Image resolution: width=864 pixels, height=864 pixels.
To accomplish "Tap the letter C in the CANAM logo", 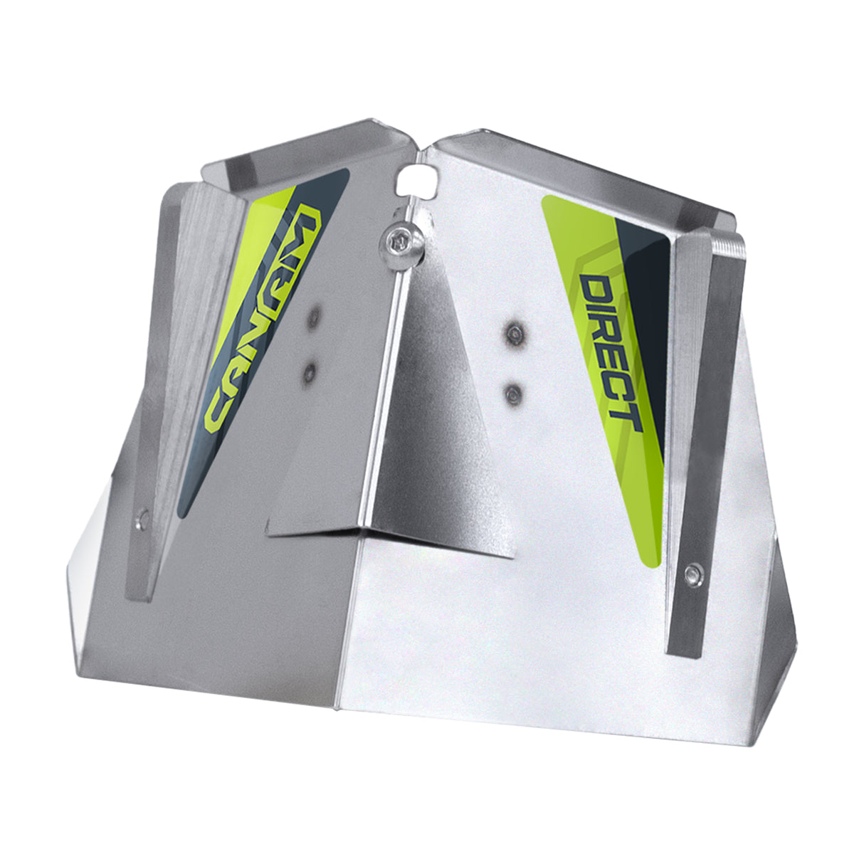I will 216,416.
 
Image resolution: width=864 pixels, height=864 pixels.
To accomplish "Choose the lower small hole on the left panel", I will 310,369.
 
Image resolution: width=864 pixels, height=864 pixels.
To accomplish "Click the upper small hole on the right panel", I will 514,332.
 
